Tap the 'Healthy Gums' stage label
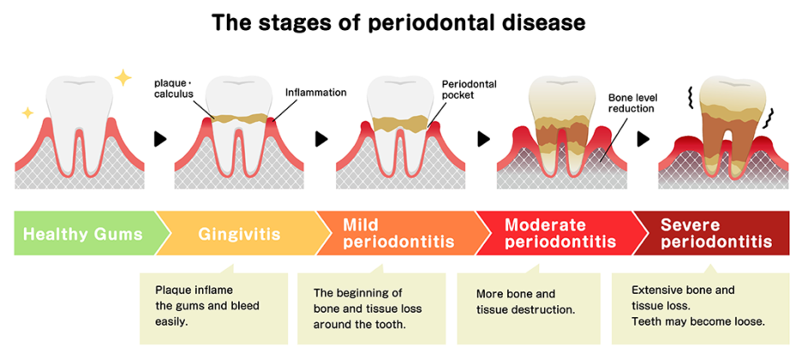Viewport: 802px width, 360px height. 83,233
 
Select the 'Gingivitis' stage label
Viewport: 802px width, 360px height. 238,233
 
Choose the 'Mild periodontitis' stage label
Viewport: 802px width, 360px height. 398,233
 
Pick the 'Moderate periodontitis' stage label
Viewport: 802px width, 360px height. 560,233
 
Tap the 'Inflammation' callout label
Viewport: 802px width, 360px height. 315,92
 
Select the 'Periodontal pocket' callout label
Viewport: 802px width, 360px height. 469,90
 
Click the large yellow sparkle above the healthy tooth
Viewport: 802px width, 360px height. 123,78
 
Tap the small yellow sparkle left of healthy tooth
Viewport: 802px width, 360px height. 27,112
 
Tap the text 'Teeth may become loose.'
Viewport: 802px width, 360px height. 697,321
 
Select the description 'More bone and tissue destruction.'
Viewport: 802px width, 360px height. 524,301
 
